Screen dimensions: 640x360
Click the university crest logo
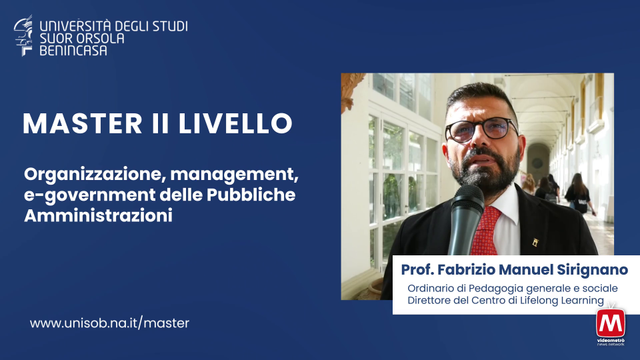pos(23,35)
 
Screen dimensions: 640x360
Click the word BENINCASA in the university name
pos(73,51)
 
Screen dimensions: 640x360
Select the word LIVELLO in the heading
pos(235,123)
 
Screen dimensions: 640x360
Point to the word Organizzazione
pos(94,175)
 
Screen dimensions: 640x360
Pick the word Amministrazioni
pos(99,215)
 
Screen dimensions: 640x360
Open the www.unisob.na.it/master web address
pos(109,323)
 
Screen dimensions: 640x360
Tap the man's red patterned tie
pos(486,231)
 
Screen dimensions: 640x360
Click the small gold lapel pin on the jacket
pos(535,243)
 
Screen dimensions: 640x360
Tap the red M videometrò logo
pos(611,324)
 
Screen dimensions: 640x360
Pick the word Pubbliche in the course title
pos(251,195)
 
